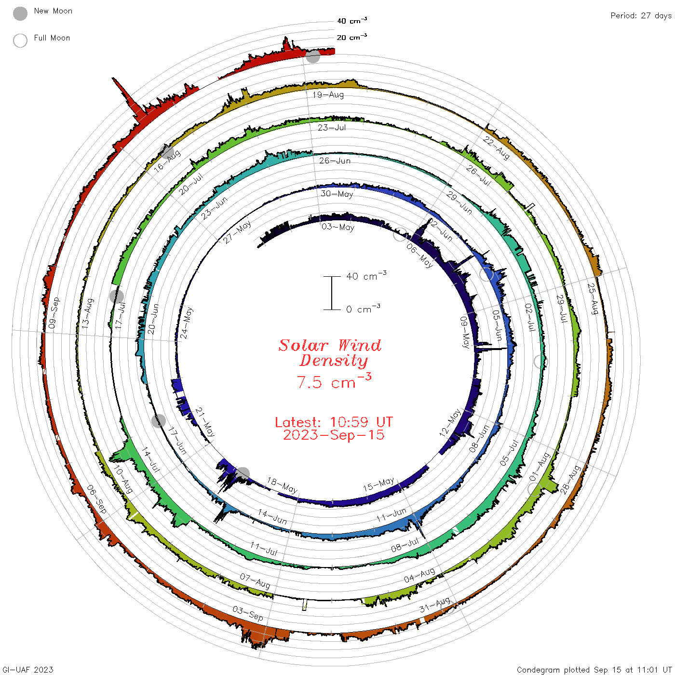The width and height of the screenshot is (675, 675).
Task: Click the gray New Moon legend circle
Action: pos(20,13)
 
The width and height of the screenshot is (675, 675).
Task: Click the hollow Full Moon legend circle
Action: pos(20,40)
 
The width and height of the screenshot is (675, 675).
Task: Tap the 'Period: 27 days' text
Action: pos(641,15)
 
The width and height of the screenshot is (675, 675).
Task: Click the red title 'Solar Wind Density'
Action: pos(330,353)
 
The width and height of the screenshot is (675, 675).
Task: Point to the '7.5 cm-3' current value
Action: pos(334,381)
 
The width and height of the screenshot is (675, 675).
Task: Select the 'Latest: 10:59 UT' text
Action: pos(334,422)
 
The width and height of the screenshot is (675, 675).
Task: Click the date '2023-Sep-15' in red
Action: pos(334,435)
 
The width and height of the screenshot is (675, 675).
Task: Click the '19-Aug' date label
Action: pos(328,94)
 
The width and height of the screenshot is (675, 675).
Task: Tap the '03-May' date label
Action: pos(338,227)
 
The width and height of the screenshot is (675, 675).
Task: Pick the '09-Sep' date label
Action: pos(54,312)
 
